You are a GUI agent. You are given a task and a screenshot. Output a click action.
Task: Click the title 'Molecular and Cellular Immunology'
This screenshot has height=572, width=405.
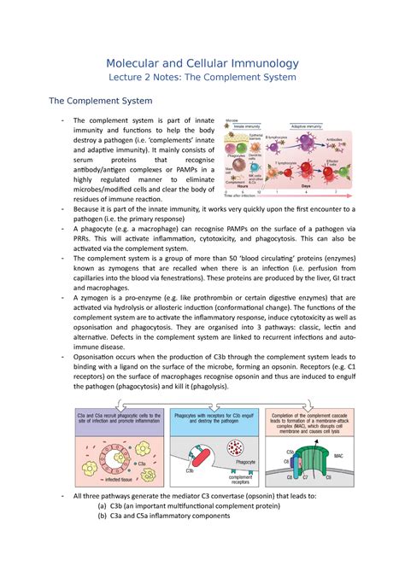tap(202, 61)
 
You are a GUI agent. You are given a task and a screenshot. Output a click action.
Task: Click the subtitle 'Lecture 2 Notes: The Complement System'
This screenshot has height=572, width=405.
tap(202, 78)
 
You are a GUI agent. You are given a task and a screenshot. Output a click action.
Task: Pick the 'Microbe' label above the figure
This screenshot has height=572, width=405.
tap(228, 120)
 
